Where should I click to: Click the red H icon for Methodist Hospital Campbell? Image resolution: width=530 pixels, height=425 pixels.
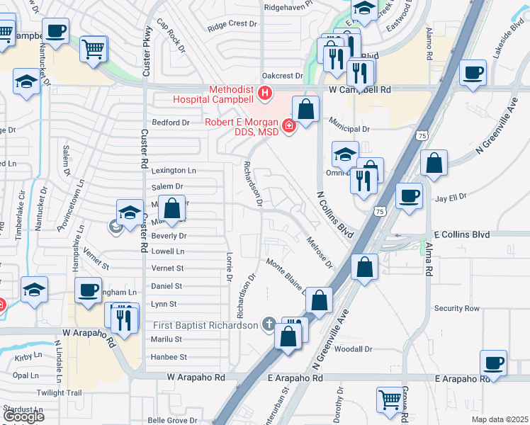click(266, 92)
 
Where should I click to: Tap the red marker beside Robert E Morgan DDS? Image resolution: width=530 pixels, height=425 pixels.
click(288, 127)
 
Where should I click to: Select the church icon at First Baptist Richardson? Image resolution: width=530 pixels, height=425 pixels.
click(268, 325)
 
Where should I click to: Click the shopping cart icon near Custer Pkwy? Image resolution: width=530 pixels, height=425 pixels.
click(93, 50)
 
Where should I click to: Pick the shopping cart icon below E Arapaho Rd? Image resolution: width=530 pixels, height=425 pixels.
click(389, 400)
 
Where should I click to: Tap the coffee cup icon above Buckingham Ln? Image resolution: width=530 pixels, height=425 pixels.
click(89, 290)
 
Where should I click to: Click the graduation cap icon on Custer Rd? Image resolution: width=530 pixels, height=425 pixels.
click(130, 213)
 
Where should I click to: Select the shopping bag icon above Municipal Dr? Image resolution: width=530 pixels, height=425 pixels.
click(305, 110)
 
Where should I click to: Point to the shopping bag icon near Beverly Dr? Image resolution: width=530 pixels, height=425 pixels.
click(171, 208)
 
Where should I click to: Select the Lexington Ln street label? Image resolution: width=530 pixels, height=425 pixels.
click(174, 171)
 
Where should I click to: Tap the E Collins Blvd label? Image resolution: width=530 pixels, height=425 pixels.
click(461, 234)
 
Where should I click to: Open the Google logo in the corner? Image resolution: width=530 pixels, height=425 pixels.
click(23, 416)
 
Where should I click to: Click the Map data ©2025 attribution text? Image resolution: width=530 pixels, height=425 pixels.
click(499, 419)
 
